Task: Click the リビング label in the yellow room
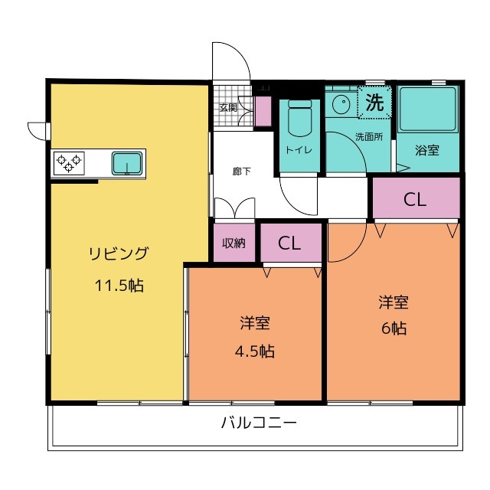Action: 119,253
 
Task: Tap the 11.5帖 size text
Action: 119,286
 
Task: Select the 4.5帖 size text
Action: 255,351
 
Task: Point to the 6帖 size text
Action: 394,328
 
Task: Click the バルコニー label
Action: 259,423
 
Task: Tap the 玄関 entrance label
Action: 228,108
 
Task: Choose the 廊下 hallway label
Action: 241,171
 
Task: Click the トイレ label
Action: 299,150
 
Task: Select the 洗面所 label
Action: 369,136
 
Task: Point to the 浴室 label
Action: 427,150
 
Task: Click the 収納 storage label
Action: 234,243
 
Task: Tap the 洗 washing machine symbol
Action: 374,102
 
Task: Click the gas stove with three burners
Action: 69,163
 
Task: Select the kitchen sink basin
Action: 127,163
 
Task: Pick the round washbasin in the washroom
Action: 341,104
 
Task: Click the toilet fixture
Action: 300,118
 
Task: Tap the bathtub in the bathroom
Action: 427,109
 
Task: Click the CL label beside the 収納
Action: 289,243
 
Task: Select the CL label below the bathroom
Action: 415,199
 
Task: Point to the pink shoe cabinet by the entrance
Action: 263,111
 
